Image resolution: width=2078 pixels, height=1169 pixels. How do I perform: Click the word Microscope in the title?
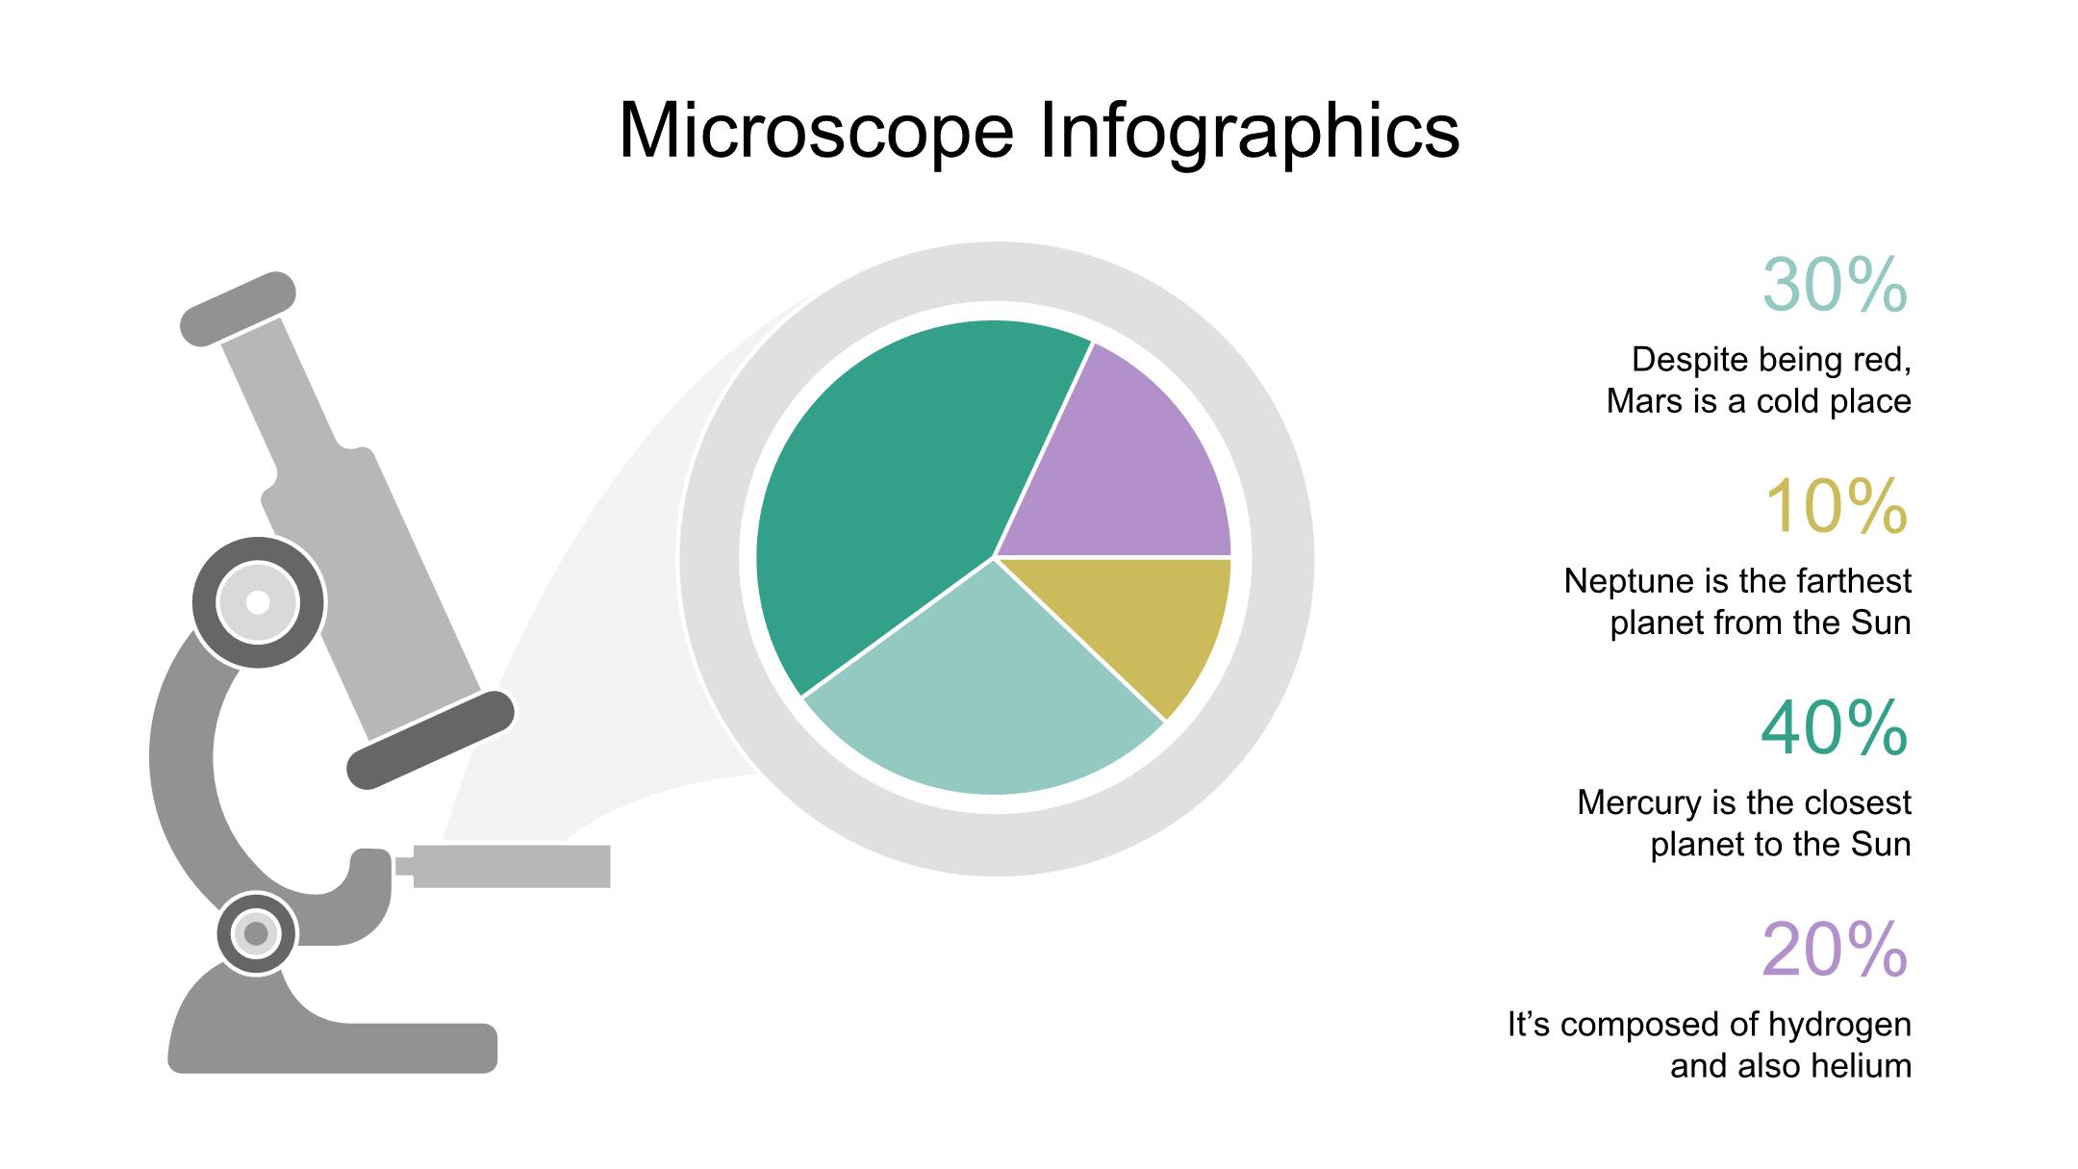[816, 130]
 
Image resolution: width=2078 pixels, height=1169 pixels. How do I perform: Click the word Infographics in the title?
[1249, 132]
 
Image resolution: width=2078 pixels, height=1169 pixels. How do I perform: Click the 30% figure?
[1835, 285]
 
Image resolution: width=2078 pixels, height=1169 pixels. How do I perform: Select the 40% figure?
[1835, 728]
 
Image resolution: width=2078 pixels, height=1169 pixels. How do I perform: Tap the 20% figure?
[1835, 950]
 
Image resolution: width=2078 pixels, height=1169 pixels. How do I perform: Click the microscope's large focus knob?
[259, 602]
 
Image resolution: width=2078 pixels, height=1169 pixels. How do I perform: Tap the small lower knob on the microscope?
[256, 933]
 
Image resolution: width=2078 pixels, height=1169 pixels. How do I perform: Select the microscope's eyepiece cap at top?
[239, 308]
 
